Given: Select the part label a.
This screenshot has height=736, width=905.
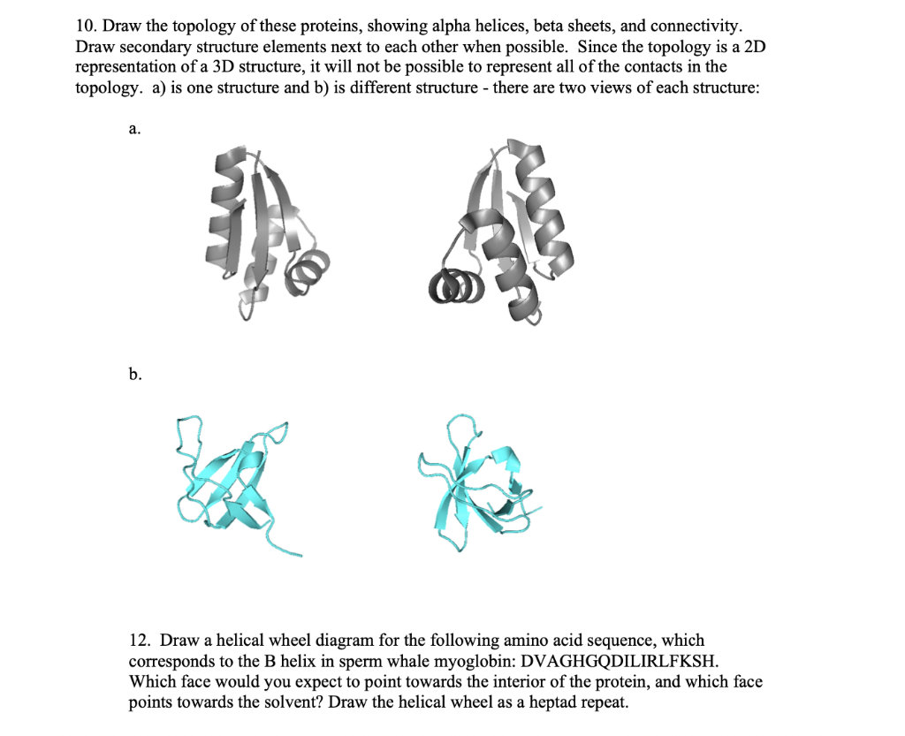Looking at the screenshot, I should tap(133, 130).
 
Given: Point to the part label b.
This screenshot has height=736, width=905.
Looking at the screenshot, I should tap(134, 375).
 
